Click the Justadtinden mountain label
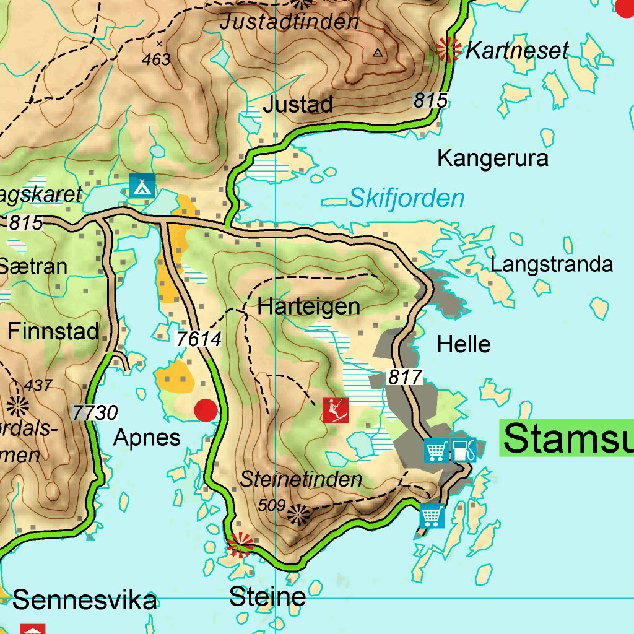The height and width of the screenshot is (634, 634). [289, 22]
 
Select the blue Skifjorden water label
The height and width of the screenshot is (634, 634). [406, 198]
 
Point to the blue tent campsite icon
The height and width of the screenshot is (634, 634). [142, 185]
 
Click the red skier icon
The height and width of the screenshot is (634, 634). [335, 410]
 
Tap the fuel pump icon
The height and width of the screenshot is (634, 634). [464, 450]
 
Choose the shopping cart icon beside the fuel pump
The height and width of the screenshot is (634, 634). [436, 450]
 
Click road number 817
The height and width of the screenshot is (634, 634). [405, 376]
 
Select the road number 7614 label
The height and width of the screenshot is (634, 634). [198, 339]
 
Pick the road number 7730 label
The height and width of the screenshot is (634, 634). [95, 412]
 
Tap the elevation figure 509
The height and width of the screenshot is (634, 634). [271, 505]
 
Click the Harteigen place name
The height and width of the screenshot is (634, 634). [308, 306]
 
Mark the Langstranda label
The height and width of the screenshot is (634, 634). [551, 264]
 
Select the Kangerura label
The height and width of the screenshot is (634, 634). [492, 158]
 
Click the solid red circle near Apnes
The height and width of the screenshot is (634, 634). [206, 410]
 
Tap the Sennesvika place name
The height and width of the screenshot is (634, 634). [84, 600]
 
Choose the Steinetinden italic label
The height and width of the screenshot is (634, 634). [301, 479]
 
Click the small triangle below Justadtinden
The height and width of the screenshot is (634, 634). [378, 53]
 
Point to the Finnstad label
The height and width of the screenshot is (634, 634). [53, 331]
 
